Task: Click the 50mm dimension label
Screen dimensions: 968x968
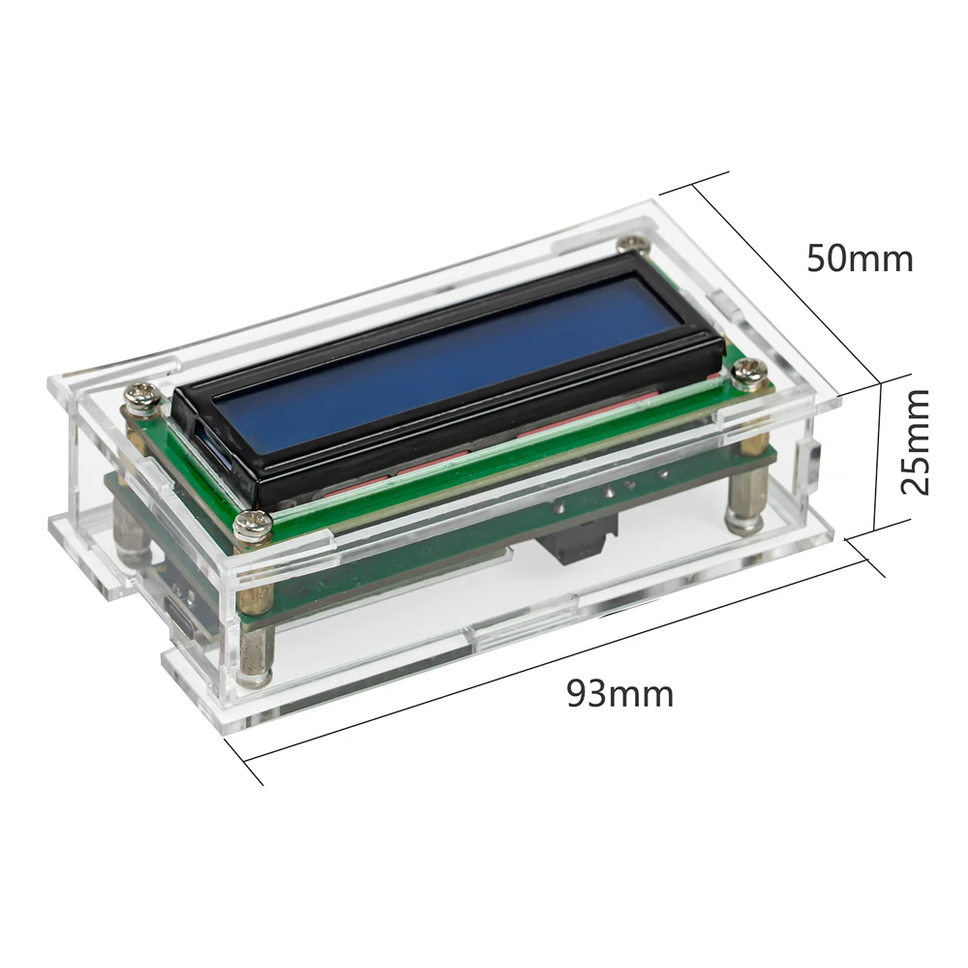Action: [860, 258]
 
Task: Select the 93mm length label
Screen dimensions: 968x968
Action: [620, 693]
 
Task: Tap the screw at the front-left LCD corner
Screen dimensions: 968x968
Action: [255, 525]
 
